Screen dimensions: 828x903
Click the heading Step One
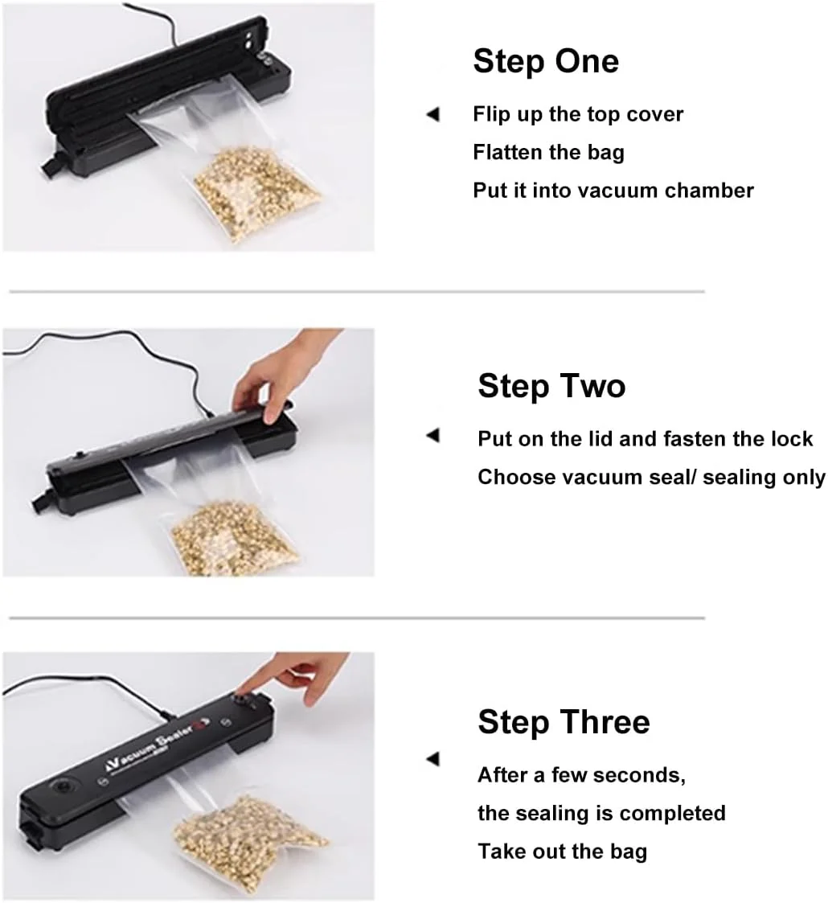point(546,61)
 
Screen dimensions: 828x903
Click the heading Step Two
point(551,386)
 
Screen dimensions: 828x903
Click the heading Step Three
point(564,722)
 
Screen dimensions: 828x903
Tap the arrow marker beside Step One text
point(433,114)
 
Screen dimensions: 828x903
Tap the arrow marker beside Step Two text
point(433,435)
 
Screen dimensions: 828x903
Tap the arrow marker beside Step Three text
point(433,759)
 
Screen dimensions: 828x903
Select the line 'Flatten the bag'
point(549,152)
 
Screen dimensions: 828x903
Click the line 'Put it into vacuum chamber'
point(613,190)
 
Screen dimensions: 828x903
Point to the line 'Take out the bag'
point(563,852)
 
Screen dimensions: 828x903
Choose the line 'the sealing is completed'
point(602,813)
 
